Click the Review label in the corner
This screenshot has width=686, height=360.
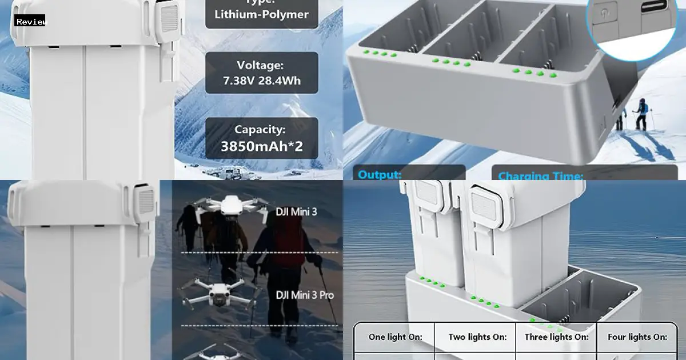(x=30, y=22)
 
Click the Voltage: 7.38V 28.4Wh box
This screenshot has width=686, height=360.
(x=261, y=73)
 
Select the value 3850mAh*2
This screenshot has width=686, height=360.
(x=261, y=147)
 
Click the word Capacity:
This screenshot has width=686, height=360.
(x=261, y=129)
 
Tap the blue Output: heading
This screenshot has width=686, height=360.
(x=380, y=175)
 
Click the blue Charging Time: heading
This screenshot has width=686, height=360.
(x=540, y=176)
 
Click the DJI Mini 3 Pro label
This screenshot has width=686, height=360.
(x=305, y=295)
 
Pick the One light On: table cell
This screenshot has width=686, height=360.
(x=395, y=337)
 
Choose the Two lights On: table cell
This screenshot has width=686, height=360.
(x=476, y=337)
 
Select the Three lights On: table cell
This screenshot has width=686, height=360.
(x=556, y=337)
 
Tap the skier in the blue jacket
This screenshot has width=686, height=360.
(x=641, y=114)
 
